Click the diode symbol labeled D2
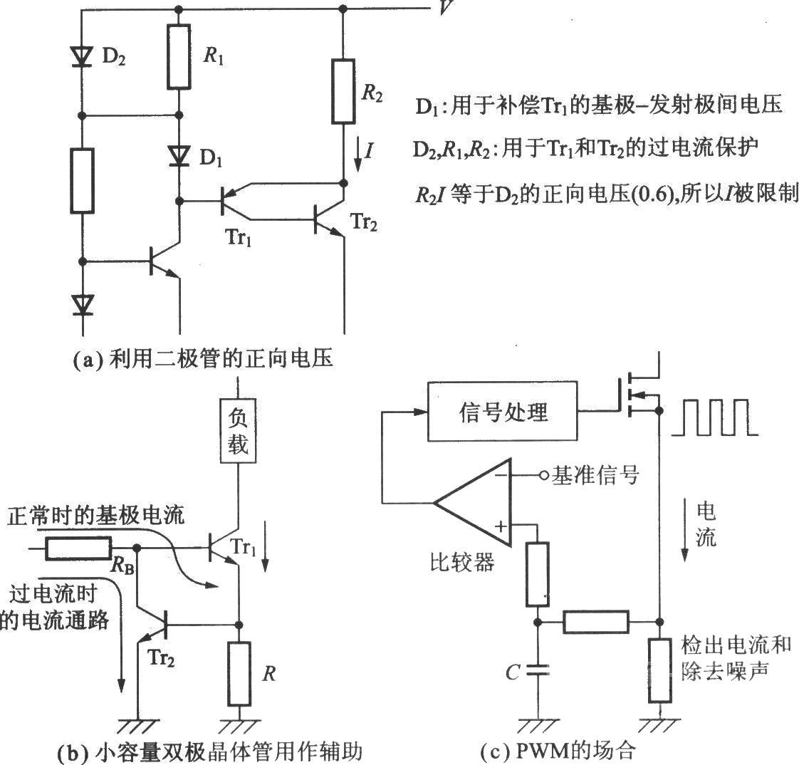[x=82, y=56]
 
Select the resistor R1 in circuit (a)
[x=179, y=56]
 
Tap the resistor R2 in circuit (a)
[x=343, y=91]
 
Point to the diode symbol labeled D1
[x=179, y=155]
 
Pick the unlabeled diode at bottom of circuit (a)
[x=82, y=306]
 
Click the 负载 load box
[x=238, y=431]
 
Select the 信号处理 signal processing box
[x=502, y=411]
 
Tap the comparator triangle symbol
[x=472, y=503]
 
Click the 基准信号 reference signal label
[x=595, y=475]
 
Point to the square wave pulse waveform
[x=714, y=417]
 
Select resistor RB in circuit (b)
[x=78, y=548]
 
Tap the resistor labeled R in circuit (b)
[x=239, y=674]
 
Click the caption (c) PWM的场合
[x=558, y=750]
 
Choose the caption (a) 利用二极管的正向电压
[x=202, y=358]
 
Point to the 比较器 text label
[x=462, y=563]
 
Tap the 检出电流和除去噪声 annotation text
[x=736, y=658]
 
